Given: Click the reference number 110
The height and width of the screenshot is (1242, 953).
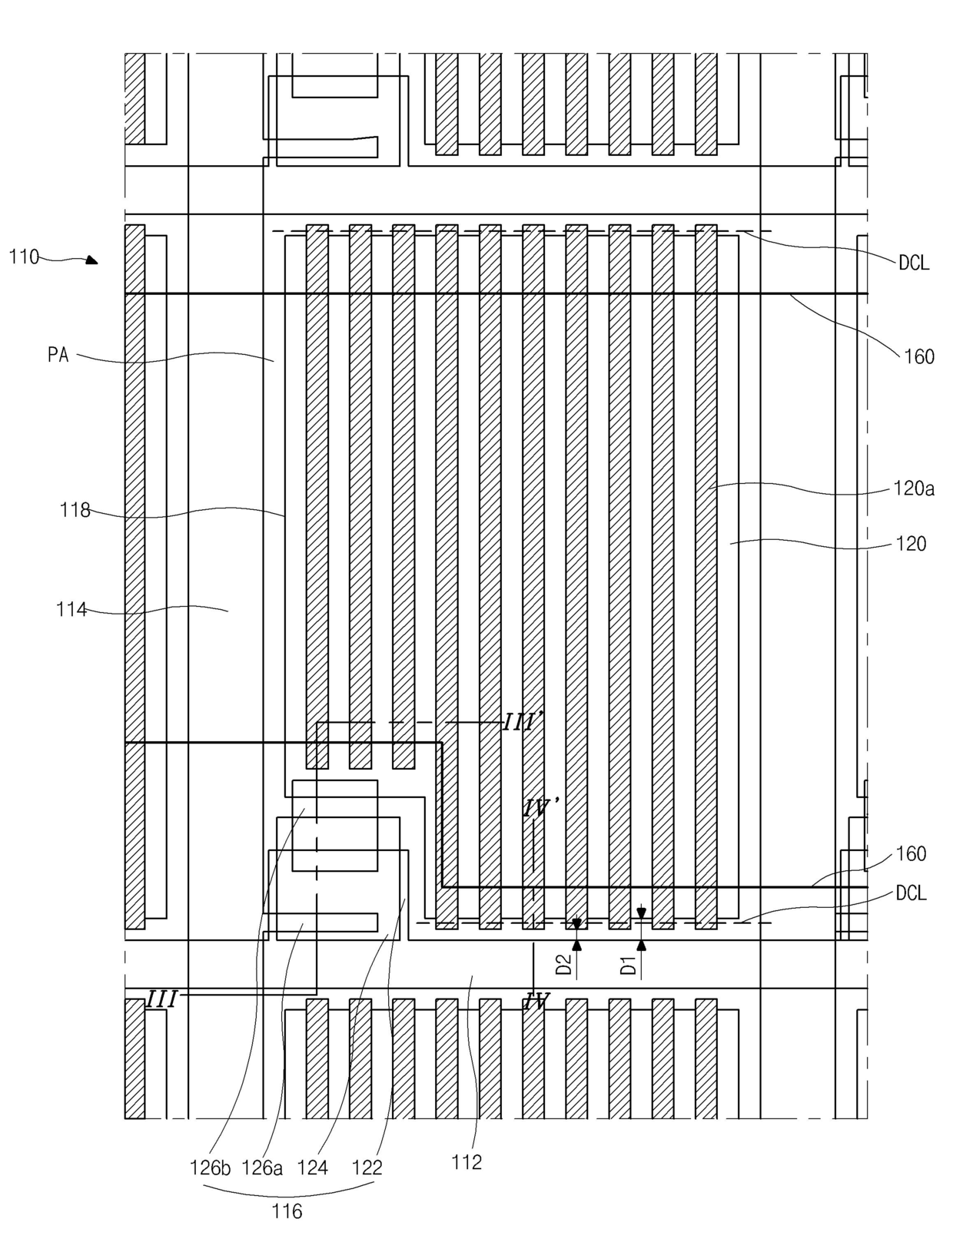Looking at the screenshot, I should tap(24, 257).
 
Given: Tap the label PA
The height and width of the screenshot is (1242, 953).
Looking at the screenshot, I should tap(58, 356).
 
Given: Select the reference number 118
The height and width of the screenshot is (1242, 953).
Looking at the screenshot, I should tap(75, 510).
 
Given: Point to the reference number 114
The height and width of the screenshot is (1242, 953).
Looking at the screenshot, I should tap(71, 611).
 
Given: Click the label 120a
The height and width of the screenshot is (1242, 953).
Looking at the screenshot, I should tap(913, 489).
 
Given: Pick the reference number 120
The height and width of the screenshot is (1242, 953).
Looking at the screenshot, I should tap(911, 544).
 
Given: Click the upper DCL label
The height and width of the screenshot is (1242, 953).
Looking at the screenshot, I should tap(913, 263).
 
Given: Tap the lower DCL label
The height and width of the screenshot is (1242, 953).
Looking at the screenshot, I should tap(911, 893).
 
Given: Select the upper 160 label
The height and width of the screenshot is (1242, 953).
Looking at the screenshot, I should tap(918, 356).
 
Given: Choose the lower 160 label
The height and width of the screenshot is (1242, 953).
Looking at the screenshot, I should tap(911, 854).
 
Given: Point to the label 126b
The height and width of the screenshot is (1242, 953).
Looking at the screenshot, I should tap(210, 1168).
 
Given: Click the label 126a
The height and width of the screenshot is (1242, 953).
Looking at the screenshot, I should tap(262, 1168).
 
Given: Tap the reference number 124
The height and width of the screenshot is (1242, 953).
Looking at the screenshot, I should tap(312, 1168).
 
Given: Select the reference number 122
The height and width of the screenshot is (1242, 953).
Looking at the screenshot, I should tap(367, 1168).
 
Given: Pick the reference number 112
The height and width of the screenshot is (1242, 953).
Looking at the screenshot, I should tap(467, 1162).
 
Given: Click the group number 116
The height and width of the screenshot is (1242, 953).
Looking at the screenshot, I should tap(287, 1212).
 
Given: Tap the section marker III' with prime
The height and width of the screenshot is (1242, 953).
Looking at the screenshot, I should tap(523, 723).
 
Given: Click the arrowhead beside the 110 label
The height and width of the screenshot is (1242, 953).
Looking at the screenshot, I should tap(92, 260).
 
